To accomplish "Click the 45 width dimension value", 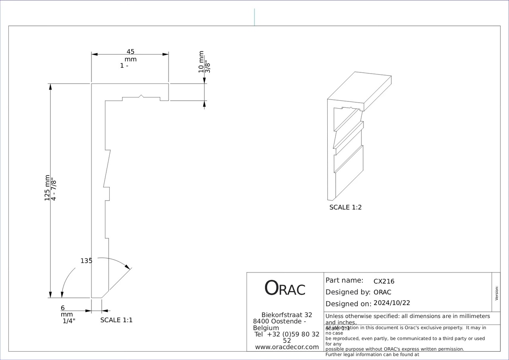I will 130,51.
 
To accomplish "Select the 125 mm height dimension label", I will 47,188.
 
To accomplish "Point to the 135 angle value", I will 86,261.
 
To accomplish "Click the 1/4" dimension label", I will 69,321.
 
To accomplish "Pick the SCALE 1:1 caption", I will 116,320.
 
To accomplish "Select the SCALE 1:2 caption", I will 346,207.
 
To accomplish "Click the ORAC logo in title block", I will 285,288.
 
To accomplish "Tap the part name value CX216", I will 384,281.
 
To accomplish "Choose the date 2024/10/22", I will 392,303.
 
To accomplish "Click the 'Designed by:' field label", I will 348,292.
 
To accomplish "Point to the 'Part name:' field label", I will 344,280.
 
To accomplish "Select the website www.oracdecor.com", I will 287,347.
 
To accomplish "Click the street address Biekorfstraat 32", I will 287,315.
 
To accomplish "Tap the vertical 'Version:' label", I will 496,293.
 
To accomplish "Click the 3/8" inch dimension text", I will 207,66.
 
